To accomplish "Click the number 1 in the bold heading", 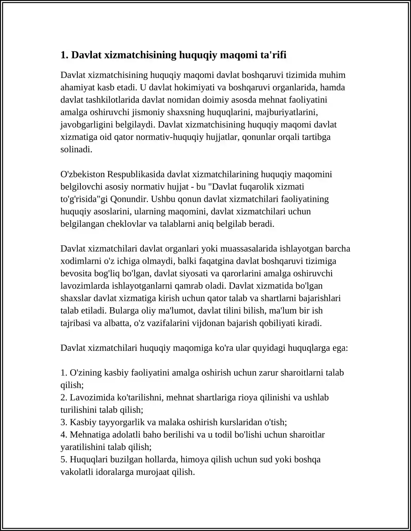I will pyautogui.click(x=63, y=55).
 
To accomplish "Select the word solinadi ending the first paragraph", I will pyautogui.click(x=76, y=149).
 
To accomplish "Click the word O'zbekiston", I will pyautogui.click(x=82, y=174).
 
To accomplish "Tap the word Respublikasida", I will pyautogui.click(x=136, y=174).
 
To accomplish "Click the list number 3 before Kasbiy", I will pyautogui.click(x=63, y=422).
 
